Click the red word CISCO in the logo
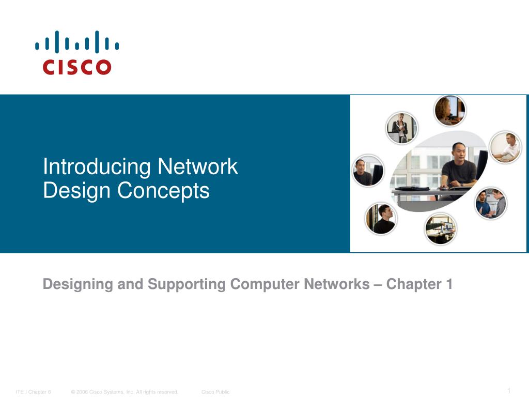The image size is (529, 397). pyautogui.click(x=77, y=67)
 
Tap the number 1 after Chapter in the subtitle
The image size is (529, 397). pyautogui.click(x=449, y=284)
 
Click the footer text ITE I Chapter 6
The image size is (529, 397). pyautogui.click(x=34, y=392)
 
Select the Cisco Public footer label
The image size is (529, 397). pyautogui.click(x=215, y=392)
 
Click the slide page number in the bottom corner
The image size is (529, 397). pyautogui.click(x=509, y=390)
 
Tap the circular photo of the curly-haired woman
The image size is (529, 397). pyautogui.click(x=449, y=111)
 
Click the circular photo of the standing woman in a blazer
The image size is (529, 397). pyautogui.click(x=401, y=128)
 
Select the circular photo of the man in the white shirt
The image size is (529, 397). pyautogui.click(x=506, y=148)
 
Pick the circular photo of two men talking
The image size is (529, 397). pyautogui.click(x=490, y=203)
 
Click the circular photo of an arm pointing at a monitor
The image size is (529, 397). pyautogui.click(x=441, y=228)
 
